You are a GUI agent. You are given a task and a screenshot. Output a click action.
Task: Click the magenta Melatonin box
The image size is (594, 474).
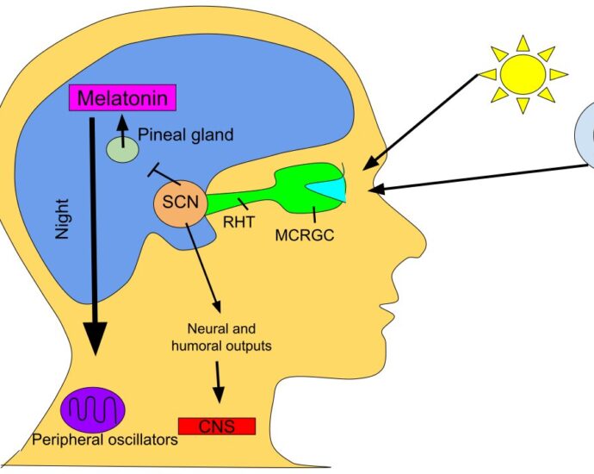121,98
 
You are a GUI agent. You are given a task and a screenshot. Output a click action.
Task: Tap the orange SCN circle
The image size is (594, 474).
177,206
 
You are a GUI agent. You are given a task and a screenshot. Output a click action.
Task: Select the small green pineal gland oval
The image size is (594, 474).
122,149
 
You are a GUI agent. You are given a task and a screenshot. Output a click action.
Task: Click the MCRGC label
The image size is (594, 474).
305,233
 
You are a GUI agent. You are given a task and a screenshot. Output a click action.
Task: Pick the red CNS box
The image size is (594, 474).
216,426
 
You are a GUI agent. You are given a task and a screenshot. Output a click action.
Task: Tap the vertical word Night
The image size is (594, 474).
61,215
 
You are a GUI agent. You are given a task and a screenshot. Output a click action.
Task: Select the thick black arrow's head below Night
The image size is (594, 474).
94,340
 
